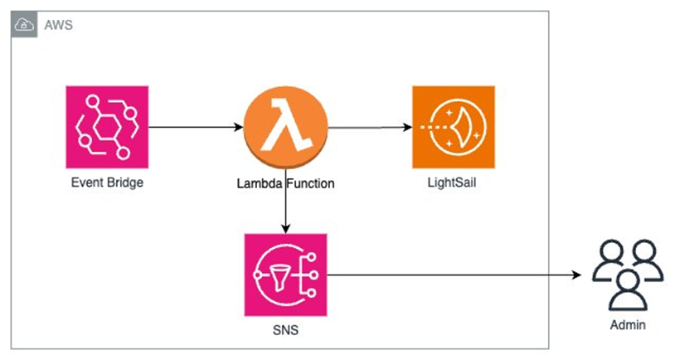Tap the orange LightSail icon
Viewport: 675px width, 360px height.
tap(453, 126)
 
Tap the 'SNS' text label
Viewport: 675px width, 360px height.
tap(285, 331)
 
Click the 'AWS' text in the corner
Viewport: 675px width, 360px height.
tap(61, 26)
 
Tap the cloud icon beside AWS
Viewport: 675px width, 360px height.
tap(24, 26)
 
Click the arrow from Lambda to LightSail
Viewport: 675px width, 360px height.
tap(369, 127)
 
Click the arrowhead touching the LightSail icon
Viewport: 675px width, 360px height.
tap(407, 127)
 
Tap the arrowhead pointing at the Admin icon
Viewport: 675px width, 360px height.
tap(576, 274)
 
